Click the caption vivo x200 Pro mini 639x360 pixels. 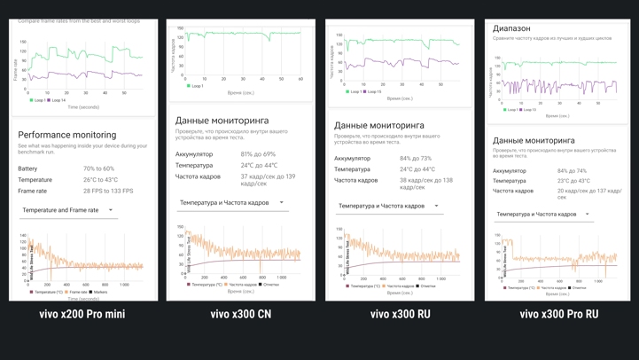tap(82, 314)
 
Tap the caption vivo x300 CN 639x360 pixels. tap(241, 314)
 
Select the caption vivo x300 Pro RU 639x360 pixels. tap(558, 314)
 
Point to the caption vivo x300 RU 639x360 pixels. tap(400, 314)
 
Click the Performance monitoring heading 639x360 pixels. tap(67, 135)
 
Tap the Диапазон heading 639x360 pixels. tap(511, 28)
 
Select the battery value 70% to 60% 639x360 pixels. tap(99, 168)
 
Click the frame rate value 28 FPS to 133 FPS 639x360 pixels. tap(108, 191)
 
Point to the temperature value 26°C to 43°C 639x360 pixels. tap(101, 180)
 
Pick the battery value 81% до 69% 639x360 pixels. tap(258, 154)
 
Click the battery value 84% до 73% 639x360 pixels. tap(416, 159)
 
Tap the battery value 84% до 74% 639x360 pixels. tap(572, 171)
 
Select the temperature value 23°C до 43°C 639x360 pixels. tap(572, 181)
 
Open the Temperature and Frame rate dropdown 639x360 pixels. tap(67, 210)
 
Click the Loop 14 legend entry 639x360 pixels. tap(56, 100)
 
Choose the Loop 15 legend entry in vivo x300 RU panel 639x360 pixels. tap(373, 91)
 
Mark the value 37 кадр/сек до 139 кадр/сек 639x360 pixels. tap(268, 180)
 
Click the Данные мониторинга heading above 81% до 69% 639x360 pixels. tap(222, 121)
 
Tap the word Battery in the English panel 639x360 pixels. tap(27, 168)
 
